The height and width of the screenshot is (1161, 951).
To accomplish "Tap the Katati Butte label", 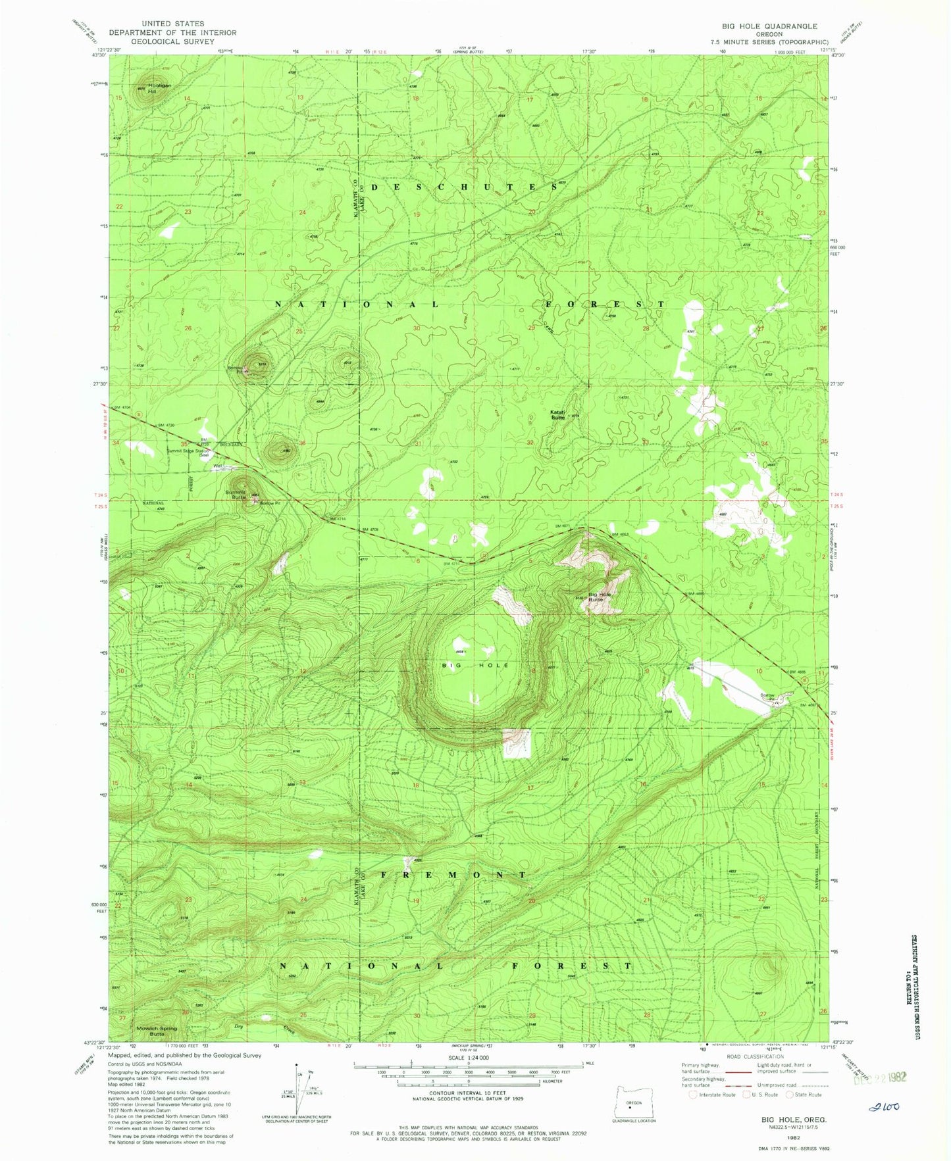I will (558, 414).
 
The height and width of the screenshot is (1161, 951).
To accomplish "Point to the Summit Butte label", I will (235, 495).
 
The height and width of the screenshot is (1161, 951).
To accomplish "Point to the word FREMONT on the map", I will (454, 875).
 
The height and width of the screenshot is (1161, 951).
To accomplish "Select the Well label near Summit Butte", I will (217, 467).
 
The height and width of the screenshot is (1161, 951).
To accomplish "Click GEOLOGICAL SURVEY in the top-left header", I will (172, 41).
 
